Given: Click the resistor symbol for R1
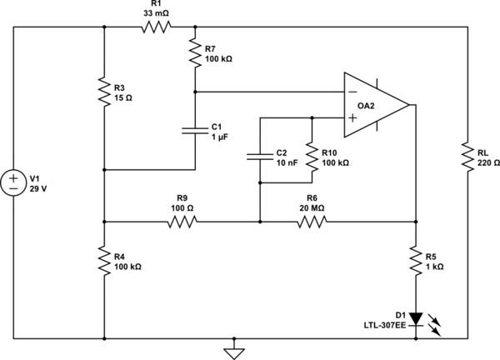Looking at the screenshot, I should [x=156, y=27].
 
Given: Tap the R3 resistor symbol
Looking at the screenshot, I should [x=103, y=92].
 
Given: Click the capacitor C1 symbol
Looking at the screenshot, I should [x=194, y=129].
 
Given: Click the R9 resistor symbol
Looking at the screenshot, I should [x=182, y=222].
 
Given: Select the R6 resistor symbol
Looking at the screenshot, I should [x=312, y=222].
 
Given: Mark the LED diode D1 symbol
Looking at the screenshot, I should [x=414, y=318].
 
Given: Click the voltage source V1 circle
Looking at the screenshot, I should [x=16, y=182].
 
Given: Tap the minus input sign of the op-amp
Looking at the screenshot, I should [x=352, y=91].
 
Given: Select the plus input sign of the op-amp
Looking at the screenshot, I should [x=352, y=119].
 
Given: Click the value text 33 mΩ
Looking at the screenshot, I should [x=156, y=12].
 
